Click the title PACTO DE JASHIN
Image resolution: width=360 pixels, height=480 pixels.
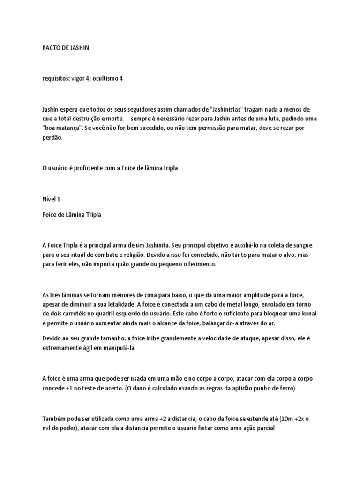65,48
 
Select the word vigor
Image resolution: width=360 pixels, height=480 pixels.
77,78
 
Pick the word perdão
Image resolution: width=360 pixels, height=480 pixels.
52,137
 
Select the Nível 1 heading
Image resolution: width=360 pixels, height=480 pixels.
52,199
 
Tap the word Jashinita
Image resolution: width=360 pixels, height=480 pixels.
154,245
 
